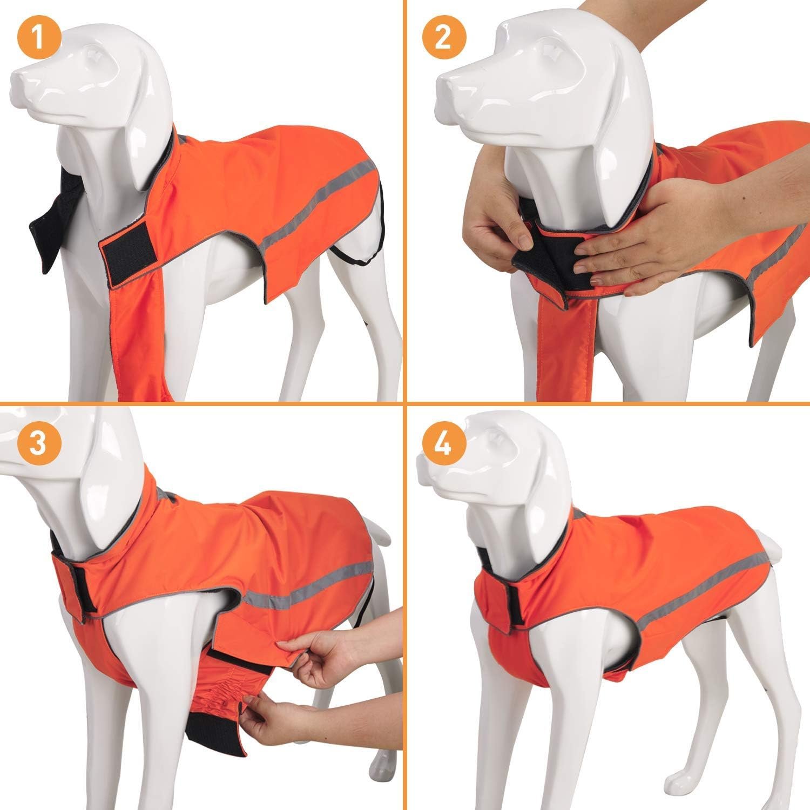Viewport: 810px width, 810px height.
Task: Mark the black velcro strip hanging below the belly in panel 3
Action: tap(216, 726)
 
